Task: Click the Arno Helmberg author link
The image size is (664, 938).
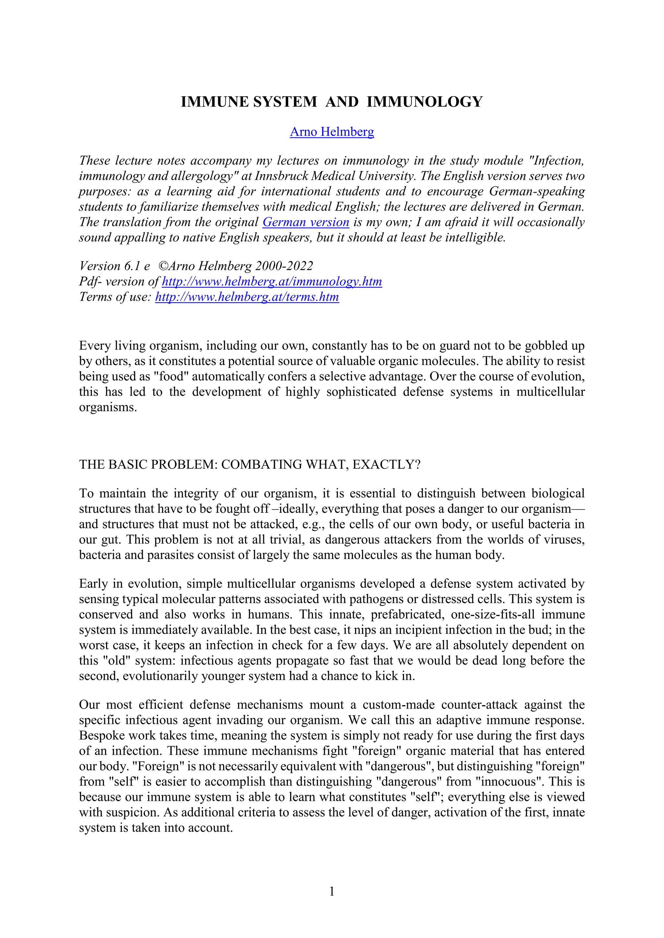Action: tap(332, 132)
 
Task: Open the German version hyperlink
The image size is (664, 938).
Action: tap(305, 222)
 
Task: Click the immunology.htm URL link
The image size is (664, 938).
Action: tap(272, 281)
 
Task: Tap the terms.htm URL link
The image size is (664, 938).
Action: tap(247, 297)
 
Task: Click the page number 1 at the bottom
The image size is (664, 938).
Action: tap(332, 891)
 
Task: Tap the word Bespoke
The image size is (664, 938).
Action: tap(102, 735)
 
